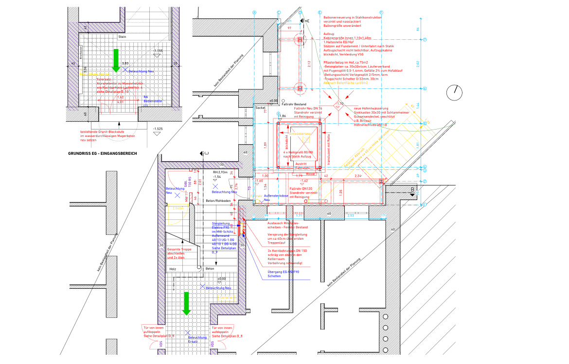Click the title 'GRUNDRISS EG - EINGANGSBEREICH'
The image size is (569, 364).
tap(103, 153)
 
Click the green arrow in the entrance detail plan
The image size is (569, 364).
tap(116, 60)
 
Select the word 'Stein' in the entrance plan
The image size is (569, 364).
tap(122, 36)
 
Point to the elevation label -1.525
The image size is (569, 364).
tap(157, 129)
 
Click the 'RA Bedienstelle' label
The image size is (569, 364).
tap(145, 99)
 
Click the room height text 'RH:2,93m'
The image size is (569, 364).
tap(220, 172)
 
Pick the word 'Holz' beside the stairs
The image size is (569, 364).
tap(172, 268)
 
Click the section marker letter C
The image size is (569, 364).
tap(206, 153)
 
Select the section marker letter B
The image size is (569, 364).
tap(412, 188)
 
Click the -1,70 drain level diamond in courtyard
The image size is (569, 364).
tap(339, 104)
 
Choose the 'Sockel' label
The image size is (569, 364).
tap(260, 108)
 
